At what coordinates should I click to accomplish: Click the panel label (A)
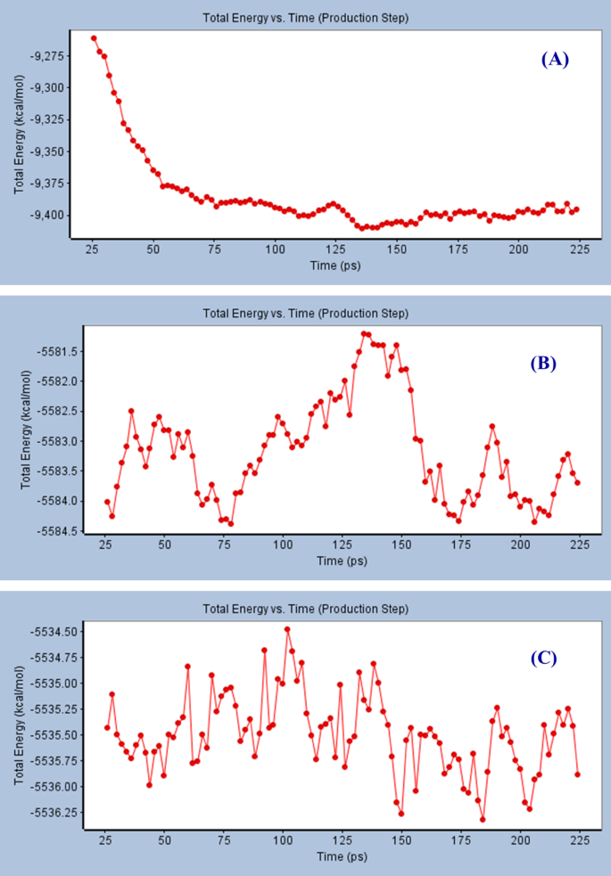click(554, 60)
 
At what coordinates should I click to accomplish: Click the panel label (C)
click(543, 659)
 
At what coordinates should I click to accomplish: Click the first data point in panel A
click(94, 38)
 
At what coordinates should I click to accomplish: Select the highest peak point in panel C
click(287, 629)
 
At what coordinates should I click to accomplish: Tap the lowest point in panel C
click(483, 819)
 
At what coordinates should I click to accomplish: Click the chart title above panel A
click(305, 17)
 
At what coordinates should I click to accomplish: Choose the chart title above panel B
click(305, 314)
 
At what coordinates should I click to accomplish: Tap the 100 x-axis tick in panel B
click(283, 543)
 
